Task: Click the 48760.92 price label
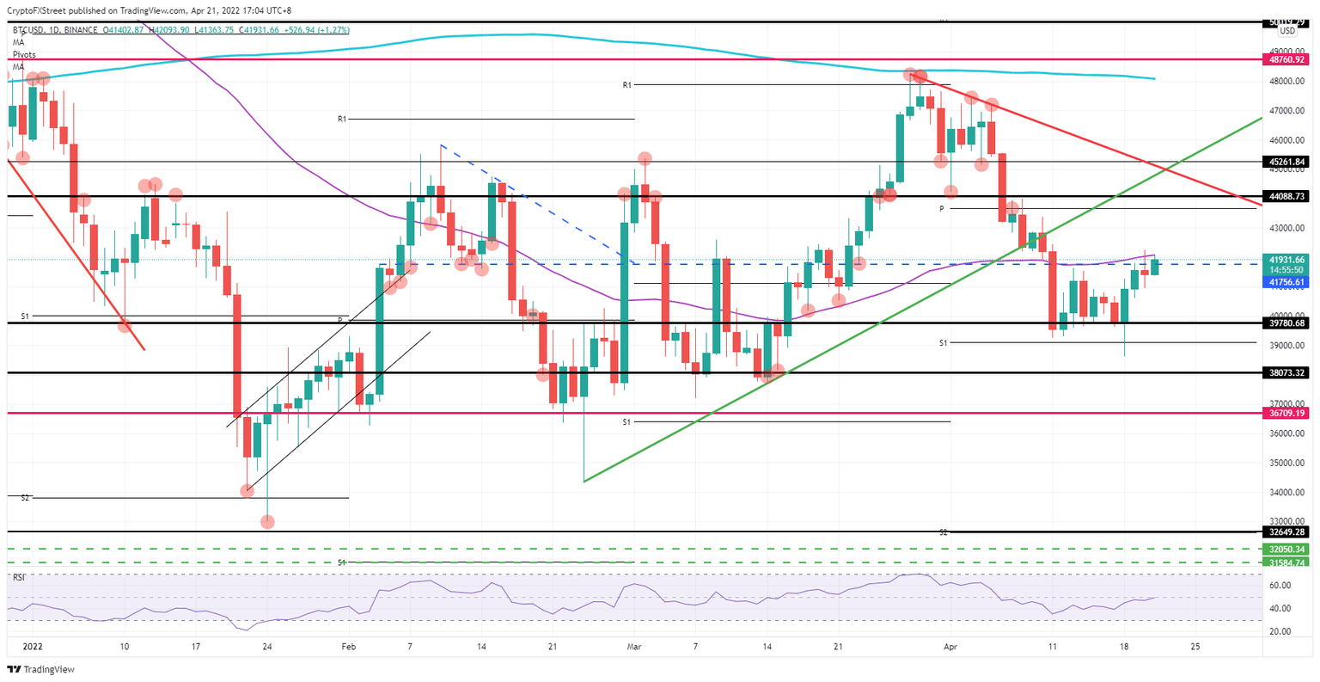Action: click(1286, 60)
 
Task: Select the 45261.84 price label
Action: click(1286, 162)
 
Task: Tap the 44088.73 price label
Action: click(1286, 196)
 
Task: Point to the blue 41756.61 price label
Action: click(1286, 281)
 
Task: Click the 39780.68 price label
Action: click(1286, 323)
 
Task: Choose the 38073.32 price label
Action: click(1286, 372)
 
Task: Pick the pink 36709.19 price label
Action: click(1286, 413)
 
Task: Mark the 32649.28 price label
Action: click(1286, 531)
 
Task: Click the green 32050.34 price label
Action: click(1286, 549)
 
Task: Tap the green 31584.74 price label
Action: click(1286, 562)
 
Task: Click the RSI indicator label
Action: click(18, 577)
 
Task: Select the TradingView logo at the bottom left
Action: click(41, 669)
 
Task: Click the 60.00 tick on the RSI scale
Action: click(1280, 586)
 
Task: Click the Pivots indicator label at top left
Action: click(24, 54)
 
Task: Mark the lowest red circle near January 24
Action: click(267, 522)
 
